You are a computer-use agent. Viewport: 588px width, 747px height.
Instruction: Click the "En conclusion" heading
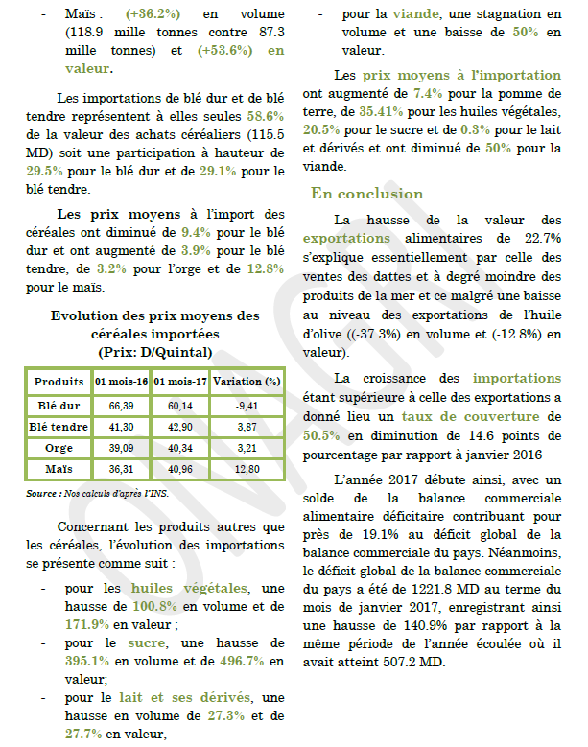(x=366, y=194)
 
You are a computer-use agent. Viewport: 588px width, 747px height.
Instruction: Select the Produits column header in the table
(x=59, y=382)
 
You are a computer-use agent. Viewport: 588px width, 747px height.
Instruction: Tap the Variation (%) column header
(x=247, y=382)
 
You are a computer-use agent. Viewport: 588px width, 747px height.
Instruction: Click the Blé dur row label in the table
(x=59, y=405)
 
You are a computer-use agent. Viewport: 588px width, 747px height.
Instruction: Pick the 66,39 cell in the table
(x=122, y=405)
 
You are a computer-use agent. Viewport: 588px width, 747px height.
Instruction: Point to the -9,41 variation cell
(x=247, y=405)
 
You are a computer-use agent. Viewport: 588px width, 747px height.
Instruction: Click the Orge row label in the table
(x=59, y=448)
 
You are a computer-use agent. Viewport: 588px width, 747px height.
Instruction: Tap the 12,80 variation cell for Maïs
(x=247, y=469)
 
